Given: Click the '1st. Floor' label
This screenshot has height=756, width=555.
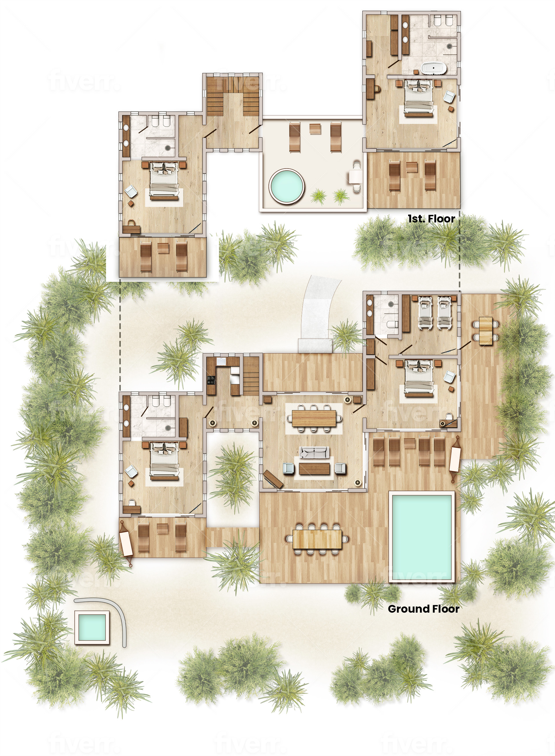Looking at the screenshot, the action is click(x=431, y=219).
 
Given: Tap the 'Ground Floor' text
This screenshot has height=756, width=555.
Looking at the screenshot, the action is click(x=423, y=609).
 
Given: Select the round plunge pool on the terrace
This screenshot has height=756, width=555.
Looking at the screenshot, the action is click(x=286, y=186).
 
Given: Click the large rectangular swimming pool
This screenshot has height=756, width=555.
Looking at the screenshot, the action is click(x=422, y=536).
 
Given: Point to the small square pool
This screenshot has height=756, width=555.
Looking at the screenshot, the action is click(x=92, y=627).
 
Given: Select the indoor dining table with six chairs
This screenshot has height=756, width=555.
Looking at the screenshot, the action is click(x=314, y=418).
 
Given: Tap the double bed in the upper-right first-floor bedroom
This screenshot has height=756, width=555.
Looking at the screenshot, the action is click(x=418, y=98).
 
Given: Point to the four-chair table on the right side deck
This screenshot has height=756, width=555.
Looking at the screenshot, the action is click(x=485, y=330).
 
